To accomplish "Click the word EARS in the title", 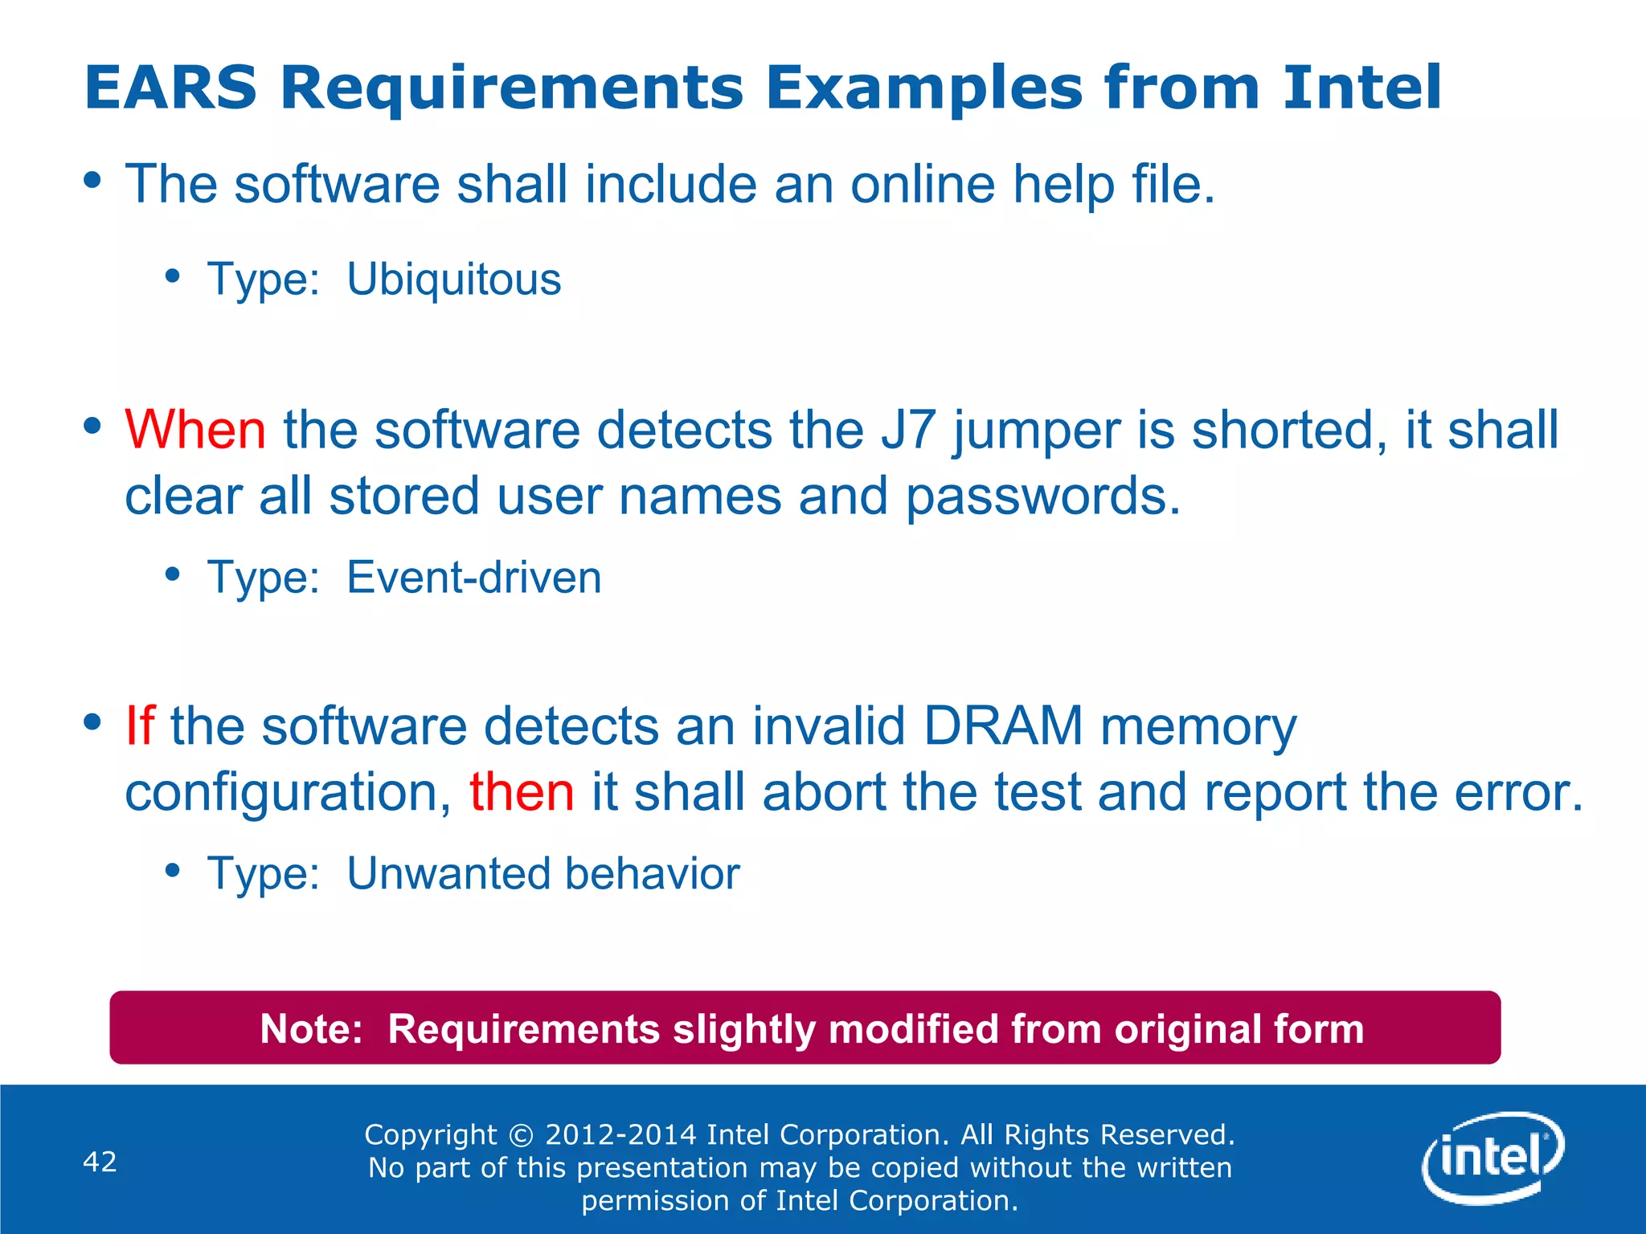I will [170, 88].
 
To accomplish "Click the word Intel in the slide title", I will [1361, 88].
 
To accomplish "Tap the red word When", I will [195, 430].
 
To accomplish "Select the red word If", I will [139, 726].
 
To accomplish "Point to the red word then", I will [522, 792].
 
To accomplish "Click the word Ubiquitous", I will [454, 280].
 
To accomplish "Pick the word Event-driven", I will [474, 578].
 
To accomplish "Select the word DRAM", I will [1003, 726].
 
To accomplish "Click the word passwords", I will [1042, 496].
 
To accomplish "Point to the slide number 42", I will [100, 1162].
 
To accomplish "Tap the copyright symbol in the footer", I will [522, 1135].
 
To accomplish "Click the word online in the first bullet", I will [923, 184].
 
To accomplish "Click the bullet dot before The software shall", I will [93, 180].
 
